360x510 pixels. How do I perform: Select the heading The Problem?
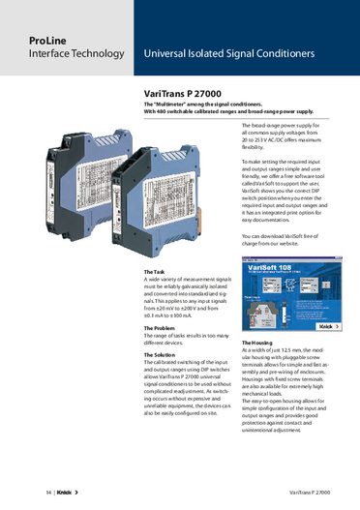pyautogui.click(x=162, y=328)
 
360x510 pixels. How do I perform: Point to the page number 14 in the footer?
pyautogui.click(x=21, y=493)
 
